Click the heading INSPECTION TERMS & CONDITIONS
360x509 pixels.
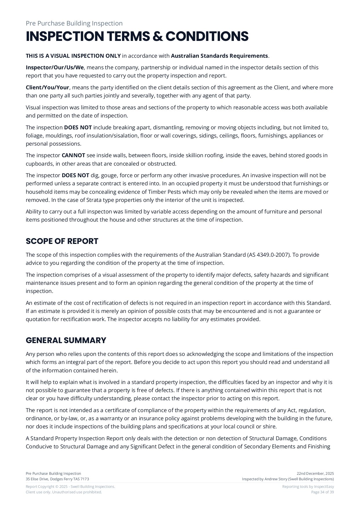click(137, 37)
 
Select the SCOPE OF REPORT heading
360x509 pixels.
click(62, 241)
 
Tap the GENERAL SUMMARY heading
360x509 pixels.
click(66, 340)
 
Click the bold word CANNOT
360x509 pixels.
click(73, 155)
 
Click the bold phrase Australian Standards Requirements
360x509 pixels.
click(219, 56)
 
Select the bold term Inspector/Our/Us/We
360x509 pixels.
click(54, 68)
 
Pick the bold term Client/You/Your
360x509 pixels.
click(48, 88)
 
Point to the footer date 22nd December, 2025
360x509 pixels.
click(315, 474)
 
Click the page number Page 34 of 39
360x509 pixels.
click(322, 492)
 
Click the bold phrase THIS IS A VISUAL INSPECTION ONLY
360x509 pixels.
click(73, 56)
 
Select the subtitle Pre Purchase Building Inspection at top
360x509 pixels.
click(74, 23)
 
